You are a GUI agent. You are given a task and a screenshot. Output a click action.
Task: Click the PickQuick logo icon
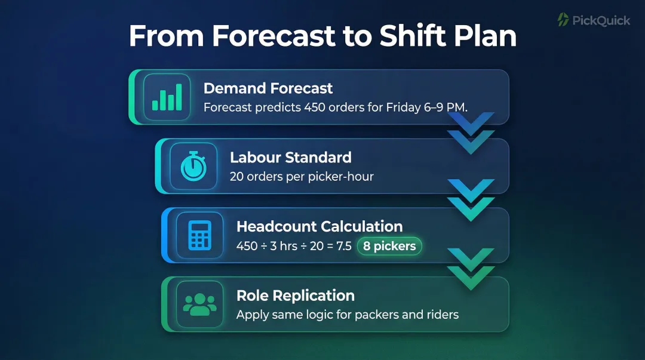(563, 20)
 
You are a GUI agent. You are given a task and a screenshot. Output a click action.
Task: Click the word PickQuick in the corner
(601, 20)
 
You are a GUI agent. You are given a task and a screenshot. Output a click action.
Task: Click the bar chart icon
(167, 97)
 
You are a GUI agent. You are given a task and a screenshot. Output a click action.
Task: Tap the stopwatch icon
(193, 166)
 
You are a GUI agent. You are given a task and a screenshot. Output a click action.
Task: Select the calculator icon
(199, 235)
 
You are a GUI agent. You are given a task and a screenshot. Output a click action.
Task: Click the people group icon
(199, 304)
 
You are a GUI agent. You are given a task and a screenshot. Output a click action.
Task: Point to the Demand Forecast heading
(268, 88)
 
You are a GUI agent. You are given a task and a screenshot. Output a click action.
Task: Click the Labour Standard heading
(290, 158)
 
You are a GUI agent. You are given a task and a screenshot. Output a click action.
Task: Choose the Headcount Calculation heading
(320, 226)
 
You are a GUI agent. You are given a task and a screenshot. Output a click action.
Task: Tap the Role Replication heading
(296, 296)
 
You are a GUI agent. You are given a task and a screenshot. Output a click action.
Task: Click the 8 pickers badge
(389, 246)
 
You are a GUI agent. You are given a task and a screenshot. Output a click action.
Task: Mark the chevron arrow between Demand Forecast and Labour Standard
(471, 133)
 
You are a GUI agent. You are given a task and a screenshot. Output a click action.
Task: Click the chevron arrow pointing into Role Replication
(471, 269)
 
